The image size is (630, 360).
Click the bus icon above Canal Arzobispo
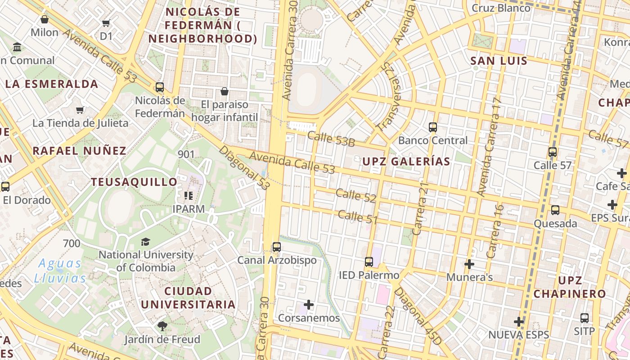click(277, 247)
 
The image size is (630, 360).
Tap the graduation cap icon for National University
click(145, 242)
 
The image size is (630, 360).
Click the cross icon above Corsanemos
click(309, 305)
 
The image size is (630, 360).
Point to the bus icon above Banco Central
click(433, 127)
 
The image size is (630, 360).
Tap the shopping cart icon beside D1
click(106, 23)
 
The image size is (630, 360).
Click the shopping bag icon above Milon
click(45, 19)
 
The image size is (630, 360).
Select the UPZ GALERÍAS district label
click(406, 161)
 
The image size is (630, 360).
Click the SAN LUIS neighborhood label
click(499, 61)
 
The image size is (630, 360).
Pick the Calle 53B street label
click(331, 139)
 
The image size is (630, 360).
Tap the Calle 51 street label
click(357, 216)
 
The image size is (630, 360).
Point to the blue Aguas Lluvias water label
click(60, 270)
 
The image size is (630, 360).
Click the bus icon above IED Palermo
click(369, 262)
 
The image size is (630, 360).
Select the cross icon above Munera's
click(469, 264)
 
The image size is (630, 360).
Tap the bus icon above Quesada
click(555, 210)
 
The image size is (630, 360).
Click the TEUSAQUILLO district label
click(134, 182)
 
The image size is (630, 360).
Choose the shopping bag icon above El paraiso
click(225, 92)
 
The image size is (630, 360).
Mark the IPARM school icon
click(189, 196)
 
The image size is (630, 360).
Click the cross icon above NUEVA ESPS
click(519, 322)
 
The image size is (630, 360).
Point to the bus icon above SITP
click(584, 318)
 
